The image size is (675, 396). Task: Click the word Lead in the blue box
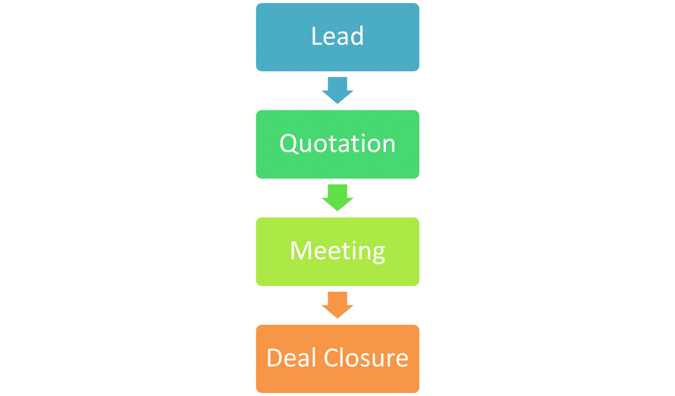(337, 36)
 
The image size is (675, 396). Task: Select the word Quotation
(337, 144)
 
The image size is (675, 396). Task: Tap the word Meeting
(337, 251)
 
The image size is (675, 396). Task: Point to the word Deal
(291, 358)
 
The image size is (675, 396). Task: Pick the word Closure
(366, 358)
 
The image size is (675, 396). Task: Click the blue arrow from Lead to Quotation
(337, 90)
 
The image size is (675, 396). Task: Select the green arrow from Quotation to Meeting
(337, 197)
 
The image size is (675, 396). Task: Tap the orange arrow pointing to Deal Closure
(337, 305)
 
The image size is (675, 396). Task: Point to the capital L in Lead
(316, 36)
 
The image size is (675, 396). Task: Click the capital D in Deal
(275, 358)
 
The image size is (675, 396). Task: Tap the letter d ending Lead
(357, 36)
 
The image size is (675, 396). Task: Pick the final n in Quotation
(388, 145)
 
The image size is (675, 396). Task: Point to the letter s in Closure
(368, 359)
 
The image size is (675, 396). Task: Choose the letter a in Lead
(343, 38)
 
